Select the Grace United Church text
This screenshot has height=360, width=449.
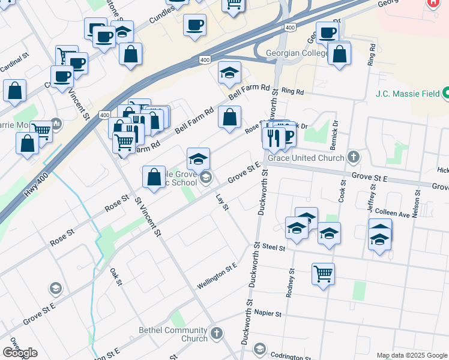(x=306, y=158)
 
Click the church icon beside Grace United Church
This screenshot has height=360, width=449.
(x=354, y=157)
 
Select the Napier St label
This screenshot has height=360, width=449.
(x=267, y=313)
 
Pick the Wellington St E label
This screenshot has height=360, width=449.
(x=217, y=274)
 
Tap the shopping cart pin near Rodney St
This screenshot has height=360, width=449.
(x=323, y=274)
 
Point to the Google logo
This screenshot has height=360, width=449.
(x=20, y=352)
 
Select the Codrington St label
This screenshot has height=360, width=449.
(x=289, y=356)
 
